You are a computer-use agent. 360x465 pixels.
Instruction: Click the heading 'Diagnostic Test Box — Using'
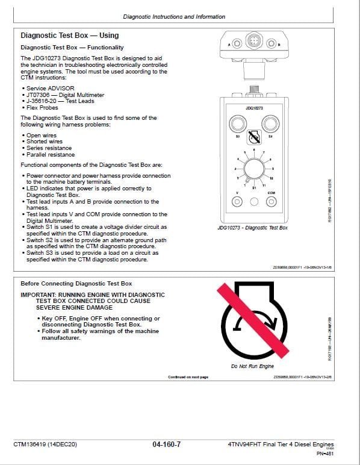coord(69,36)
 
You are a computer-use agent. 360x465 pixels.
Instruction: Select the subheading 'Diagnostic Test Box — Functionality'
coord(72,47)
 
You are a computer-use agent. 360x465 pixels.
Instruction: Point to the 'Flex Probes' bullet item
coord(44,108)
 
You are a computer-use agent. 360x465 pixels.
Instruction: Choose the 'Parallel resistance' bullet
coord(50,154)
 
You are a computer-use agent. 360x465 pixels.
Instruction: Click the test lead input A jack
coord(236,43)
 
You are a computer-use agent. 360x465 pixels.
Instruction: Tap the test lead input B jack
coord(271,43)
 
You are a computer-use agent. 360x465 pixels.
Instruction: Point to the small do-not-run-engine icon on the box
coord(254,136)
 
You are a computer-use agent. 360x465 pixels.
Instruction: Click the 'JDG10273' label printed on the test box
coord(254,108)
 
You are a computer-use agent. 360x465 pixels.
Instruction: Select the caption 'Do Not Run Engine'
coord(252,367)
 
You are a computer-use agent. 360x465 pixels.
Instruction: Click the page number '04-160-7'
coord(167,445)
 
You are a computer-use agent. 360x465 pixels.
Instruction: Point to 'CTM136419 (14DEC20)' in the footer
coord(45,445)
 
